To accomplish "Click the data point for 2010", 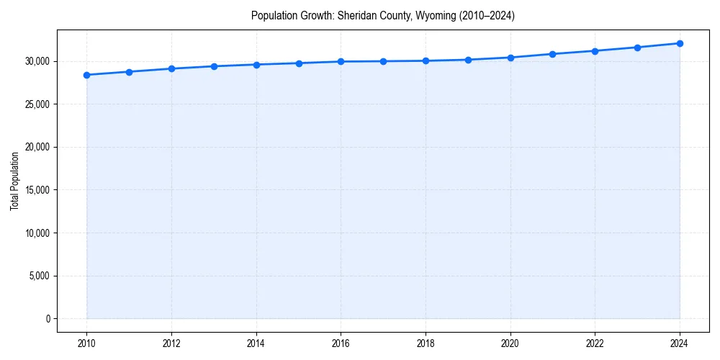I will (x=86, y=75).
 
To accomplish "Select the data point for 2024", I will (x=680, y=43).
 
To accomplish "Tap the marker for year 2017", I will (x=383, y=61).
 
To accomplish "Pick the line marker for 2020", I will (x=510, y=58).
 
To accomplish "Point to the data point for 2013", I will (x=214, y=66).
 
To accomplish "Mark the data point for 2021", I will (x=552, y=54).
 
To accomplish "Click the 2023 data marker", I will (x=637, y=48).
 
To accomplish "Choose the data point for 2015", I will (x=299, y=63).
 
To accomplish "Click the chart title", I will (x=382, y=15).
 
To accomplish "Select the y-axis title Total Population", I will (x=14, y=181).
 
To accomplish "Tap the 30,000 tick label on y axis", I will (x=36, y=61).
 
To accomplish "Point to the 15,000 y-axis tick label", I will (x=36, y=190).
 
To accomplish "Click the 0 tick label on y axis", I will (x=47, y=319).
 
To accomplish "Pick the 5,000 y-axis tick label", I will (x=38, y=276).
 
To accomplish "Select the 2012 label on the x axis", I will (x=171, y=343).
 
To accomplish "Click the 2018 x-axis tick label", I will (x=426, y=343).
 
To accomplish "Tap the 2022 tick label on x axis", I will (x=595, y=343).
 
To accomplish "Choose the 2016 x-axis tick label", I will (x=341, y=343).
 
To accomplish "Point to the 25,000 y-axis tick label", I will (x=36, y=104).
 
